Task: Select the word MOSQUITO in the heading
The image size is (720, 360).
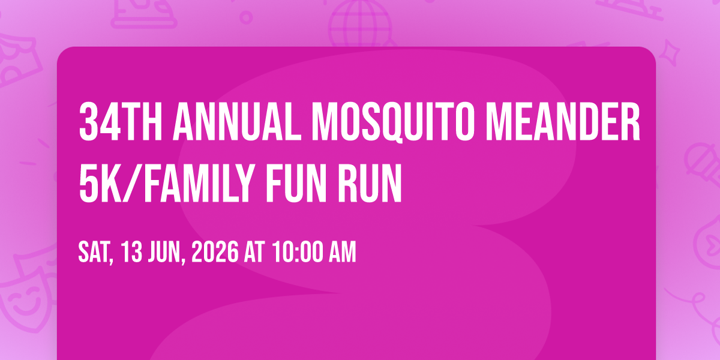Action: pyautogui.click(x=393, y=122)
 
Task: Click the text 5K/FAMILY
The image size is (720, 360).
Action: pyautogui.click(x=167, y=183)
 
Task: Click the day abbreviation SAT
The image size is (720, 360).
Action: pyautogui.click(x=95, y=253)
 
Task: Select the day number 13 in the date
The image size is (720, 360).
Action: pyautogui.click(x=132, y=251)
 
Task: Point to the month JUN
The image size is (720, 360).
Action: pyautogui.click(x=167, y=253)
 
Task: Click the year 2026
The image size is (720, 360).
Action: pyautogui.click(x=215, y=251)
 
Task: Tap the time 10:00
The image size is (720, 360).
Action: pyautogui.click(x=298, y=251)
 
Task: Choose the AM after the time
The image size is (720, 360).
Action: pyautogui.click(x=343, y=251)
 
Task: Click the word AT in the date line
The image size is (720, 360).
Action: pyautogui.click(x=254, y=251)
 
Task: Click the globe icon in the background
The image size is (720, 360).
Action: pyautogui.click(x=360, y=23)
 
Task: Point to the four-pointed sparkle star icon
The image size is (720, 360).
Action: pyautogui.click(x=670, y=53)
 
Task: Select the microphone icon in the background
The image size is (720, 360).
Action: pyautogui.click(x=703, y=164)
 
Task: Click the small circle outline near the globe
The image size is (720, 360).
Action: pyautogui.click(x=246, y=17)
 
